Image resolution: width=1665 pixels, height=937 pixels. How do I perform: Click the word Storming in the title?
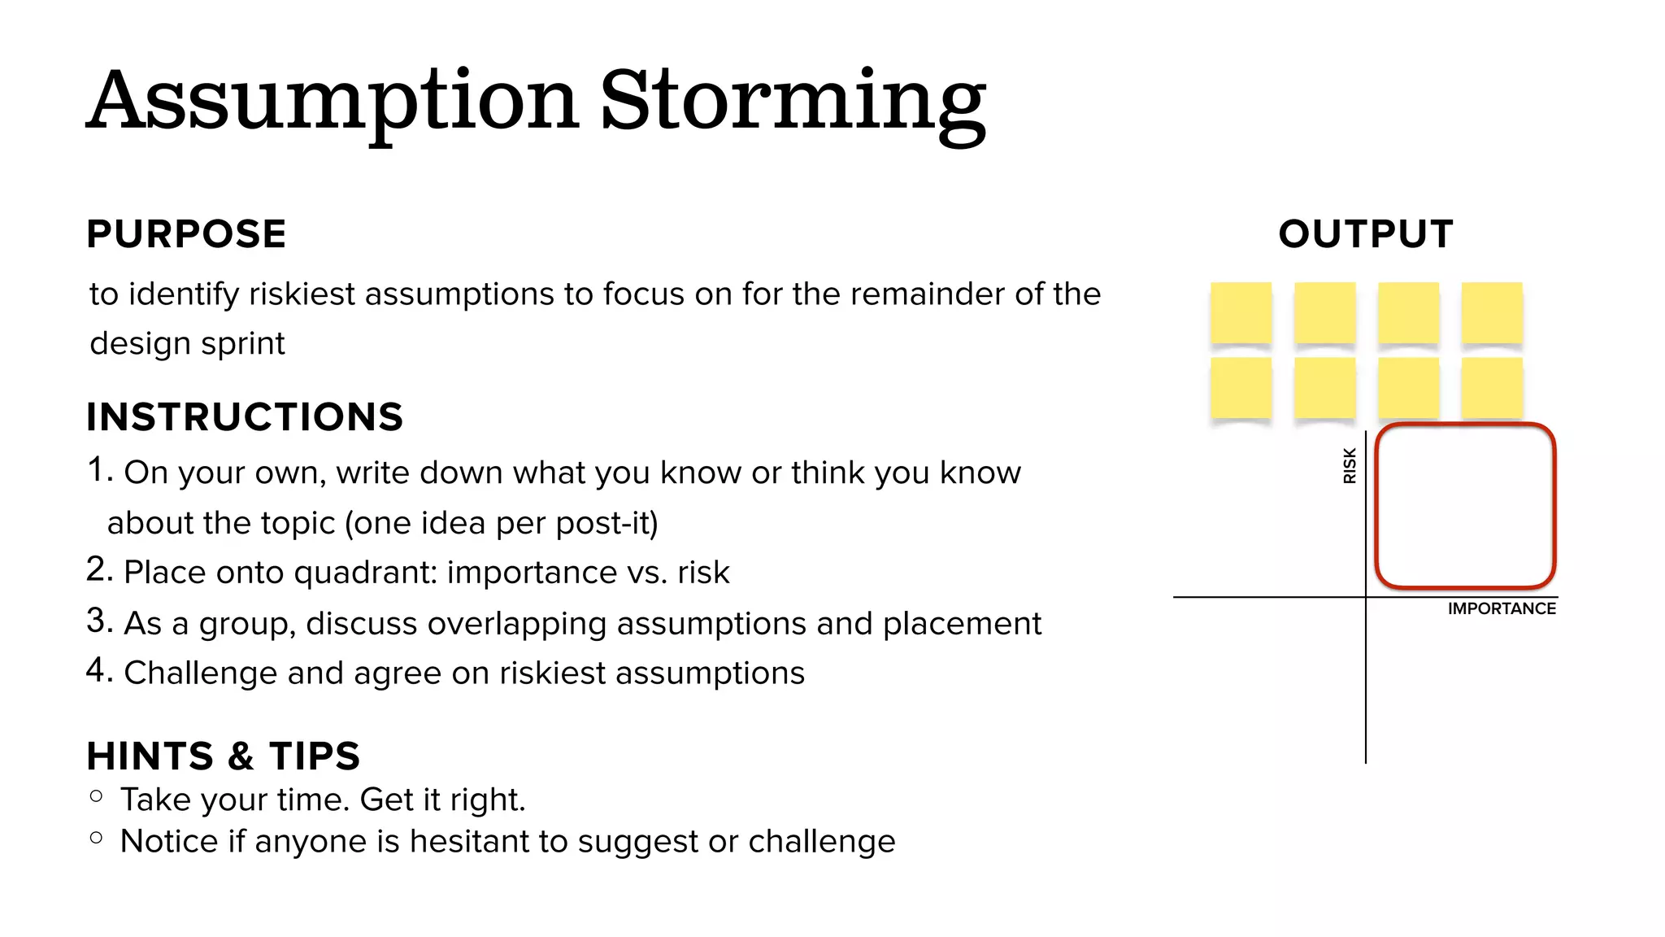click(x=793, y=102)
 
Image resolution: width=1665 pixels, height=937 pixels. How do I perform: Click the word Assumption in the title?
click(x=333, y=102)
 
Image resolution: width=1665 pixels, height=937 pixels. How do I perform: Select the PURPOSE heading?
click(x=186, y=234)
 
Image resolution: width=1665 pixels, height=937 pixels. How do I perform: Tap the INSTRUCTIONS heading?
click(x=245, y=417)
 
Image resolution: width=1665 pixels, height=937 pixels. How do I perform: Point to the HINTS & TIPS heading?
click(x=224, y=756)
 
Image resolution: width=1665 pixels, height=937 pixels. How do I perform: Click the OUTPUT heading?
click(x=1366, y=234)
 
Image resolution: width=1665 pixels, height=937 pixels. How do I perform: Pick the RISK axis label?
click(x=1350, y=466)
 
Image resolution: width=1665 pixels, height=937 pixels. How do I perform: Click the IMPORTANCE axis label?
click(x=1502, y=608)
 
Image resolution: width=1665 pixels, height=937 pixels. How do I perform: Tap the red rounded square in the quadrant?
click(x=1465, y=505)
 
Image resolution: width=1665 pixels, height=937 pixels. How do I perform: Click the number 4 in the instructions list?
click(x=98, y=671)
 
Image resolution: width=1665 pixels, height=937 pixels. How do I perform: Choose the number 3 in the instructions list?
click(x=98, y=621)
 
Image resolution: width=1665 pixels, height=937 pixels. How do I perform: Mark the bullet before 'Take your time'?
click(x=97, y=796)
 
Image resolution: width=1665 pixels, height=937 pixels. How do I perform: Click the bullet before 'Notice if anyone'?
click(x=97, y=837)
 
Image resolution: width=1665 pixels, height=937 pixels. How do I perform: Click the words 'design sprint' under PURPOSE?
click(x=187, y=344)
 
